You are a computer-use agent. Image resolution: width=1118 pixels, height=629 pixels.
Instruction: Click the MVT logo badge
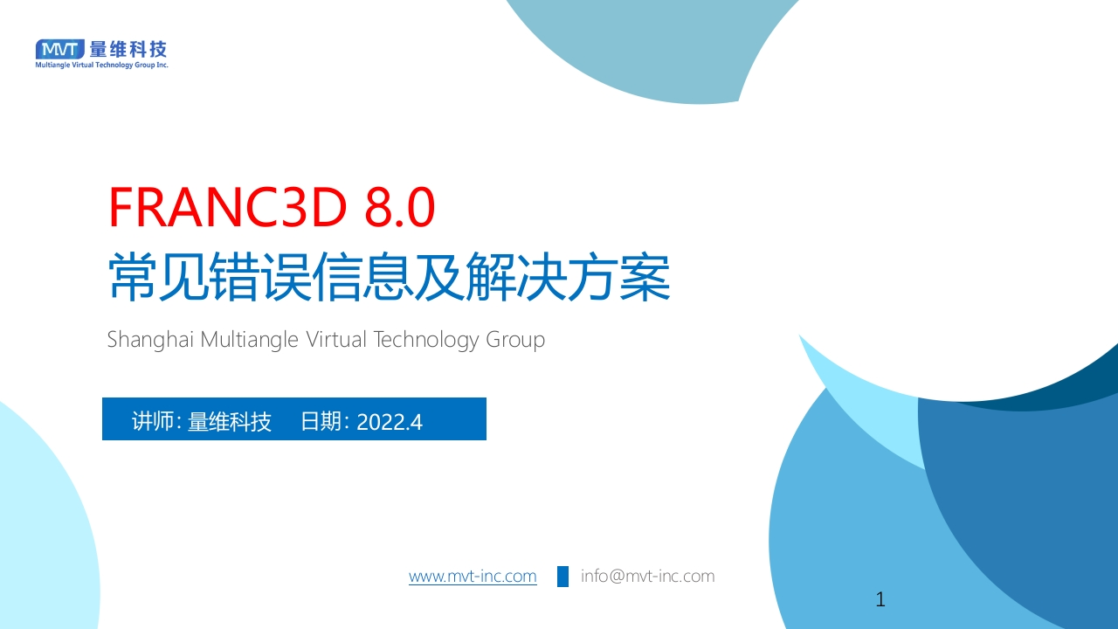[x=59, y=50]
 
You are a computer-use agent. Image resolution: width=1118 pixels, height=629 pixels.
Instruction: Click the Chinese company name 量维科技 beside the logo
[x=128, y=50]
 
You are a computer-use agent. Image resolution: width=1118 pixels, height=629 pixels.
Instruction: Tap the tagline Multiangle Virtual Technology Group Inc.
[x=102, y=65]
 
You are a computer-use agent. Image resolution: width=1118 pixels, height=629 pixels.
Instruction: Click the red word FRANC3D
[x=228, y=207]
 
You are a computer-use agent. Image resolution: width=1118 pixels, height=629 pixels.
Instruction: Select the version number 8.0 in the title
[x=400, y=207]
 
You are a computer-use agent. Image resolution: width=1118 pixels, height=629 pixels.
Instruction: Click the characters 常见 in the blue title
[x=158, y=277]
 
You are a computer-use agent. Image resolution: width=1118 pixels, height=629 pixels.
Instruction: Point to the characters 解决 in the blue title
[x=515, y=277]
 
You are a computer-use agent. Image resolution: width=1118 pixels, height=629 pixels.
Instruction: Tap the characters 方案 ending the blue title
[x=619, y=277]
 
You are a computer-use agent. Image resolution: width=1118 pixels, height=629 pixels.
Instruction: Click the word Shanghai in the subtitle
[x=150, y=340]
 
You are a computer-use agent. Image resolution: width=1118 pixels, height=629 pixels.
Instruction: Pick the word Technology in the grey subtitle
[x=425, y=341]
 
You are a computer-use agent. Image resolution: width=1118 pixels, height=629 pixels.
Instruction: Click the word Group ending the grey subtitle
[x=515, y=341]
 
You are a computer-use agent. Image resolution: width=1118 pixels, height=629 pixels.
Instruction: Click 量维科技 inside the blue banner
[x=230, y=421]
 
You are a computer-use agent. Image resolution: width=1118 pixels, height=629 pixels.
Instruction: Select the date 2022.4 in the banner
[x=390, y=422]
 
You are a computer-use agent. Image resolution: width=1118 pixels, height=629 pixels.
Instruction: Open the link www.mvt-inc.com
[x=473, y=576]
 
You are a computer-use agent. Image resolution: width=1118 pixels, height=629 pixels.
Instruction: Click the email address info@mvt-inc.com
[x=647, y=576]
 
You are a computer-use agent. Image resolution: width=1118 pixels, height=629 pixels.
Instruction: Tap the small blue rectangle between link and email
[x=562, y=577]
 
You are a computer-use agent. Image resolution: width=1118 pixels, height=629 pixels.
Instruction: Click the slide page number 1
[x=880, y=599]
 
